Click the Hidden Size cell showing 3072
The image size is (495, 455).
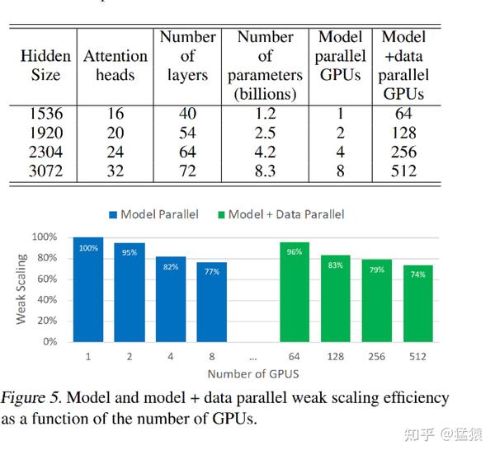46,171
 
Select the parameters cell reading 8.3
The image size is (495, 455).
265,171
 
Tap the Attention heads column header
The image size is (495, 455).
115,65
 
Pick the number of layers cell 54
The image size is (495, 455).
187,133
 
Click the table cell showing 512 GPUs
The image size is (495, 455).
403,171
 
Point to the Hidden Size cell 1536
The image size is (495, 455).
46,114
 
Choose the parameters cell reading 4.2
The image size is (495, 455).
265,152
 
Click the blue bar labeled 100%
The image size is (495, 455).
88,289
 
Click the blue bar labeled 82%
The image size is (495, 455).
171,298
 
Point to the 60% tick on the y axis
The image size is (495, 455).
46,279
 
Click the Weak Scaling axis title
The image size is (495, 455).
22,288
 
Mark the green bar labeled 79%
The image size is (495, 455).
377,301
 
